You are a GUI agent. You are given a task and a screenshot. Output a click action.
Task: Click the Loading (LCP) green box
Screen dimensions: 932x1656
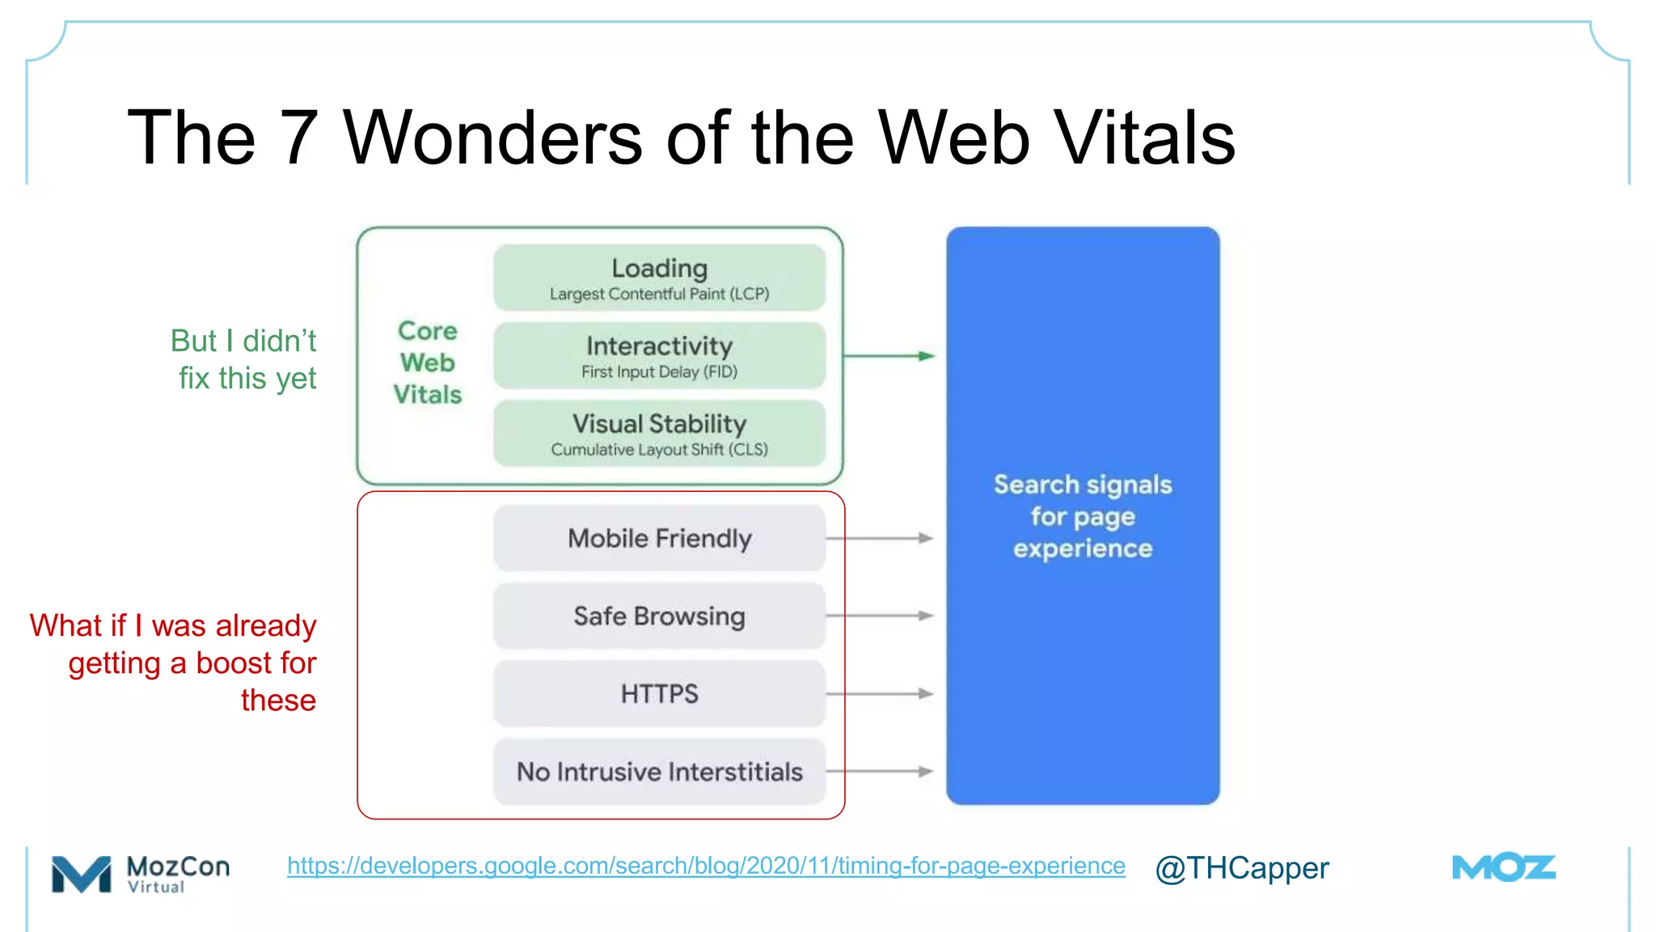(659, 277)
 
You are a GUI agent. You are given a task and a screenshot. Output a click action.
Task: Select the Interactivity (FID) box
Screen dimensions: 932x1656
(659, 355)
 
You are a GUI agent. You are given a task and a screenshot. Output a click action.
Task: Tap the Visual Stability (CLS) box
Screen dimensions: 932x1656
(659, 433)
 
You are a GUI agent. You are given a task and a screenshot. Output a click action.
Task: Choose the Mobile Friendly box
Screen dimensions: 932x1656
(659, 538)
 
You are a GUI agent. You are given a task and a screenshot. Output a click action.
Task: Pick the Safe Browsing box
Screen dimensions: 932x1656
(659, 616)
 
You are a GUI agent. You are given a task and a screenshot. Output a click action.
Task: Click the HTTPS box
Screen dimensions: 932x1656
(659, 693)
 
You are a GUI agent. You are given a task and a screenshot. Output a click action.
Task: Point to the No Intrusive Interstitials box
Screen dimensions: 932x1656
(659, 771)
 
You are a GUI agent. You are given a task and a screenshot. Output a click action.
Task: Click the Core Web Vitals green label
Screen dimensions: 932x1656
(428, 362)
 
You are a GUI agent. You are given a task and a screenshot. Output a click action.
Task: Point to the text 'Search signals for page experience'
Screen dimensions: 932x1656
(1083, 516)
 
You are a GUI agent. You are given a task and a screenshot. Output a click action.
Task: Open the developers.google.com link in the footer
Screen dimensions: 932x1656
(706, 866)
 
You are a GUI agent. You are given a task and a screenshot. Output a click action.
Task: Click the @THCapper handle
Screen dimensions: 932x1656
(1241, 868)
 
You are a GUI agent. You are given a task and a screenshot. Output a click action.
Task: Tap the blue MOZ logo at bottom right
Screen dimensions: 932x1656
(1503, 868)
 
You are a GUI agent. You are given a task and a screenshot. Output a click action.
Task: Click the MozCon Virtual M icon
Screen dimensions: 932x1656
(81, 874)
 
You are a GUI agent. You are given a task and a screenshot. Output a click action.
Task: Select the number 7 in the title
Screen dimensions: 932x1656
(298, 138)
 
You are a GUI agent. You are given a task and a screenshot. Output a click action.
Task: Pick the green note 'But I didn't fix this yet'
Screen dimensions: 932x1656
(244, 359)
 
